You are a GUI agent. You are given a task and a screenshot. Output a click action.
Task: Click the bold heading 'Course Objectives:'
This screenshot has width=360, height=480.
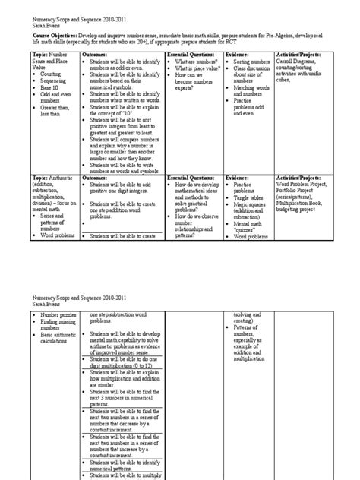[52, 38]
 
